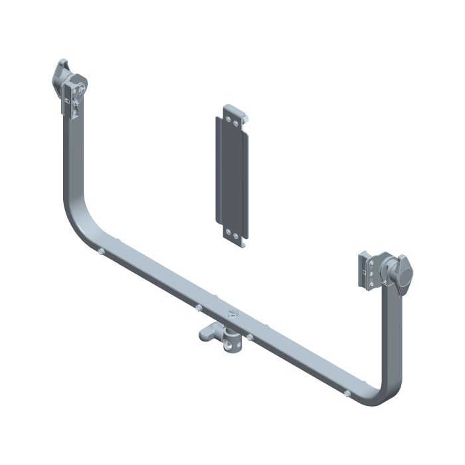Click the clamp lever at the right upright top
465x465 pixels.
click(x=402, y=273)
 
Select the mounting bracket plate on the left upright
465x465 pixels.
click(x=74, y=100)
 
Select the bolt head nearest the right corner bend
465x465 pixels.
click(x=347, y=393)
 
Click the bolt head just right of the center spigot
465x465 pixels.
click(x=250, y=337)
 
